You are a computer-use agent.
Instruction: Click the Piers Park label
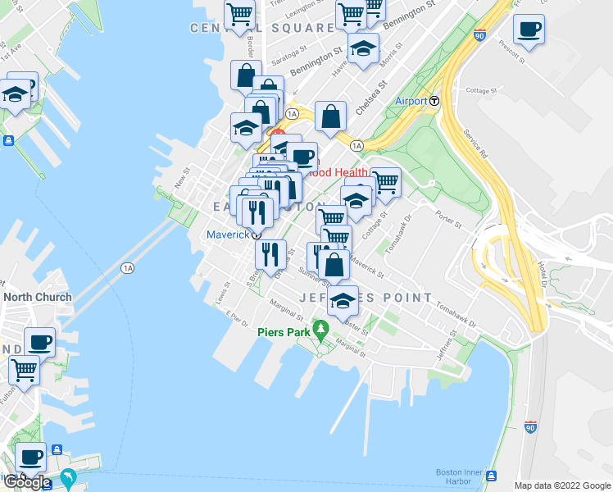click(x=281, y=332)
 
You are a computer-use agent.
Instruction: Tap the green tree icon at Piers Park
click(x=320, y=332)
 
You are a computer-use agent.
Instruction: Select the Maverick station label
click(x=227, y=235)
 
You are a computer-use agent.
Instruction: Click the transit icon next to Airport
click(x=434, y=101)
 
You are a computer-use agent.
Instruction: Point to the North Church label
click(x=38, y=297)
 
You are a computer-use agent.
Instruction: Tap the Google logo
click(x=26, y=483)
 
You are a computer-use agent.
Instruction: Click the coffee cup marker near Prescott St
click(x=528, y=30)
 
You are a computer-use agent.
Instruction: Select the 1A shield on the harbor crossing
click(x=126, y=267)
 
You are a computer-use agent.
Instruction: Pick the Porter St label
click(x=449, y=219)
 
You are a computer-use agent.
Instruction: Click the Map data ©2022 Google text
click(x=561, y=485)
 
